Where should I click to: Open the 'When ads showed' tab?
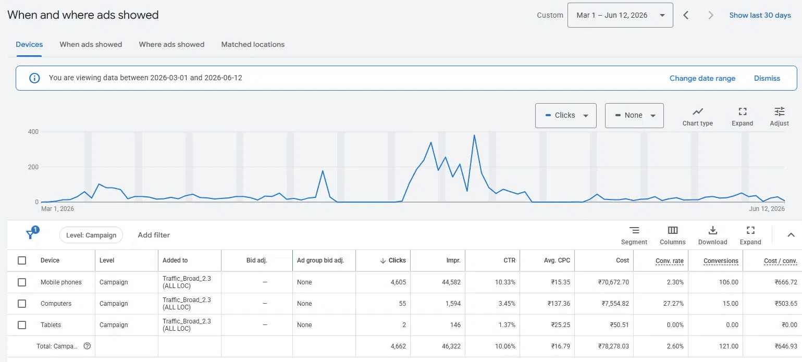91,44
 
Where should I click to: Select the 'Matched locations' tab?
253,44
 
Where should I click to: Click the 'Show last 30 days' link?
760,15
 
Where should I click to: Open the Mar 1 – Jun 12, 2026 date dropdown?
620,15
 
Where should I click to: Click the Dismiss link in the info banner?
767,78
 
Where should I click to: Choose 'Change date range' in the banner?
702,78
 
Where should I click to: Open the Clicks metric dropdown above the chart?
566,115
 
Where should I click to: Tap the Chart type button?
697,117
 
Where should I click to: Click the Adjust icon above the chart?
779,117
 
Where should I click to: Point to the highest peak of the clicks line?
474,135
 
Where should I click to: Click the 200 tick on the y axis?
33,167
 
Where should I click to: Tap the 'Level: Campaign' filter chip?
91,235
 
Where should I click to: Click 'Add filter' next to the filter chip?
154,235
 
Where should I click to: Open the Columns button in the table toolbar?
672,235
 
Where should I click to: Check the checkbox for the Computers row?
22,303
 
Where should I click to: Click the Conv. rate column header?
669,261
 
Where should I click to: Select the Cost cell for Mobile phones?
613,282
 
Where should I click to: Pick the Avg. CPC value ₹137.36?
559,303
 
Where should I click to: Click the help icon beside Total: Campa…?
87,346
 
